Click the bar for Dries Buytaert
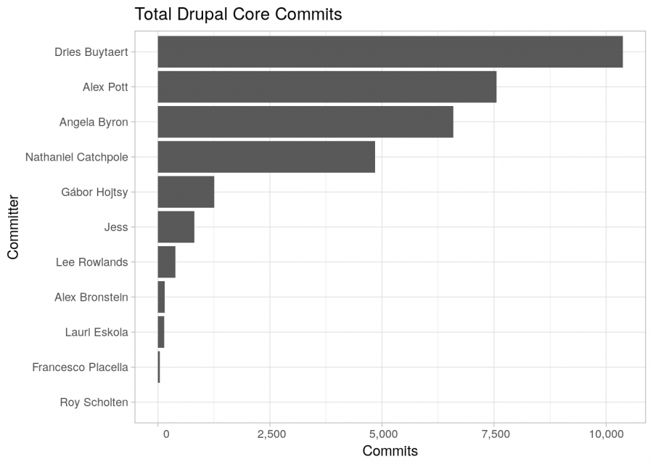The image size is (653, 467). click(390, 52)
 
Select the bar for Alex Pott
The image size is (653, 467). click(326, 86)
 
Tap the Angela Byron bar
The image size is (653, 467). click(305, 122)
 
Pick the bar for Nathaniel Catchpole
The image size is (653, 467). click(266, 157)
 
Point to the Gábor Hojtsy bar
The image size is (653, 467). click(186, 192)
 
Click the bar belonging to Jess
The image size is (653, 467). click(176, 227)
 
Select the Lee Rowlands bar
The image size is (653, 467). click(166, 262)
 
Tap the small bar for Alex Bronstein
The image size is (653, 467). click(161, 297)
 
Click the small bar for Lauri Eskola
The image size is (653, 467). click(160, 332)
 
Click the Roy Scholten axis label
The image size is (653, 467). click(94, 402)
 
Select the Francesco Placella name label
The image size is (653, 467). click(80, 367)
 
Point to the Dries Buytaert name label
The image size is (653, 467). click(91, 52)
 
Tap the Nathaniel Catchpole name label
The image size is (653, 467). click(76, 157)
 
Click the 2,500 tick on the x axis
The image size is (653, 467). click(270, 434)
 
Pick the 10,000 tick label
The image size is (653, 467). click(606, 434)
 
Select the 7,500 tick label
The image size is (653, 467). click(494, 434)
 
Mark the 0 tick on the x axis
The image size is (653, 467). click(165, 434)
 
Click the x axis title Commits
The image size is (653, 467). click(390, 452)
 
